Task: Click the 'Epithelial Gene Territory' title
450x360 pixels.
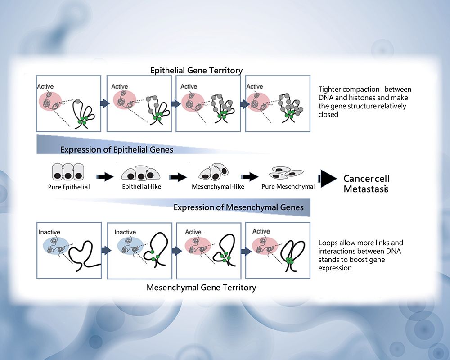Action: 197,71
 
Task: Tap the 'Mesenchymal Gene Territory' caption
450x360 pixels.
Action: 202,287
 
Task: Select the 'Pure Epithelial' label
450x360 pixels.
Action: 69,187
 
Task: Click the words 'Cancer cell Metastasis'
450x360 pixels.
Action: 366,184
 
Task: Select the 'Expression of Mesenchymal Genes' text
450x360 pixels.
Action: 238,207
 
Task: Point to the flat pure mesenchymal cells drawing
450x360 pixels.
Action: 286,171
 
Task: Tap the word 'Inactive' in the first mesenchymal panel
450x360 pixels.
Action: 49,232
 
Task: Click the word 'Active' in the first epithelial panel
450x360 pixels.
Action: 45,86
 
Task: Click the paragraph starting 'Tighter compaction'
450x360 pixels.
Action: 364,102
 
